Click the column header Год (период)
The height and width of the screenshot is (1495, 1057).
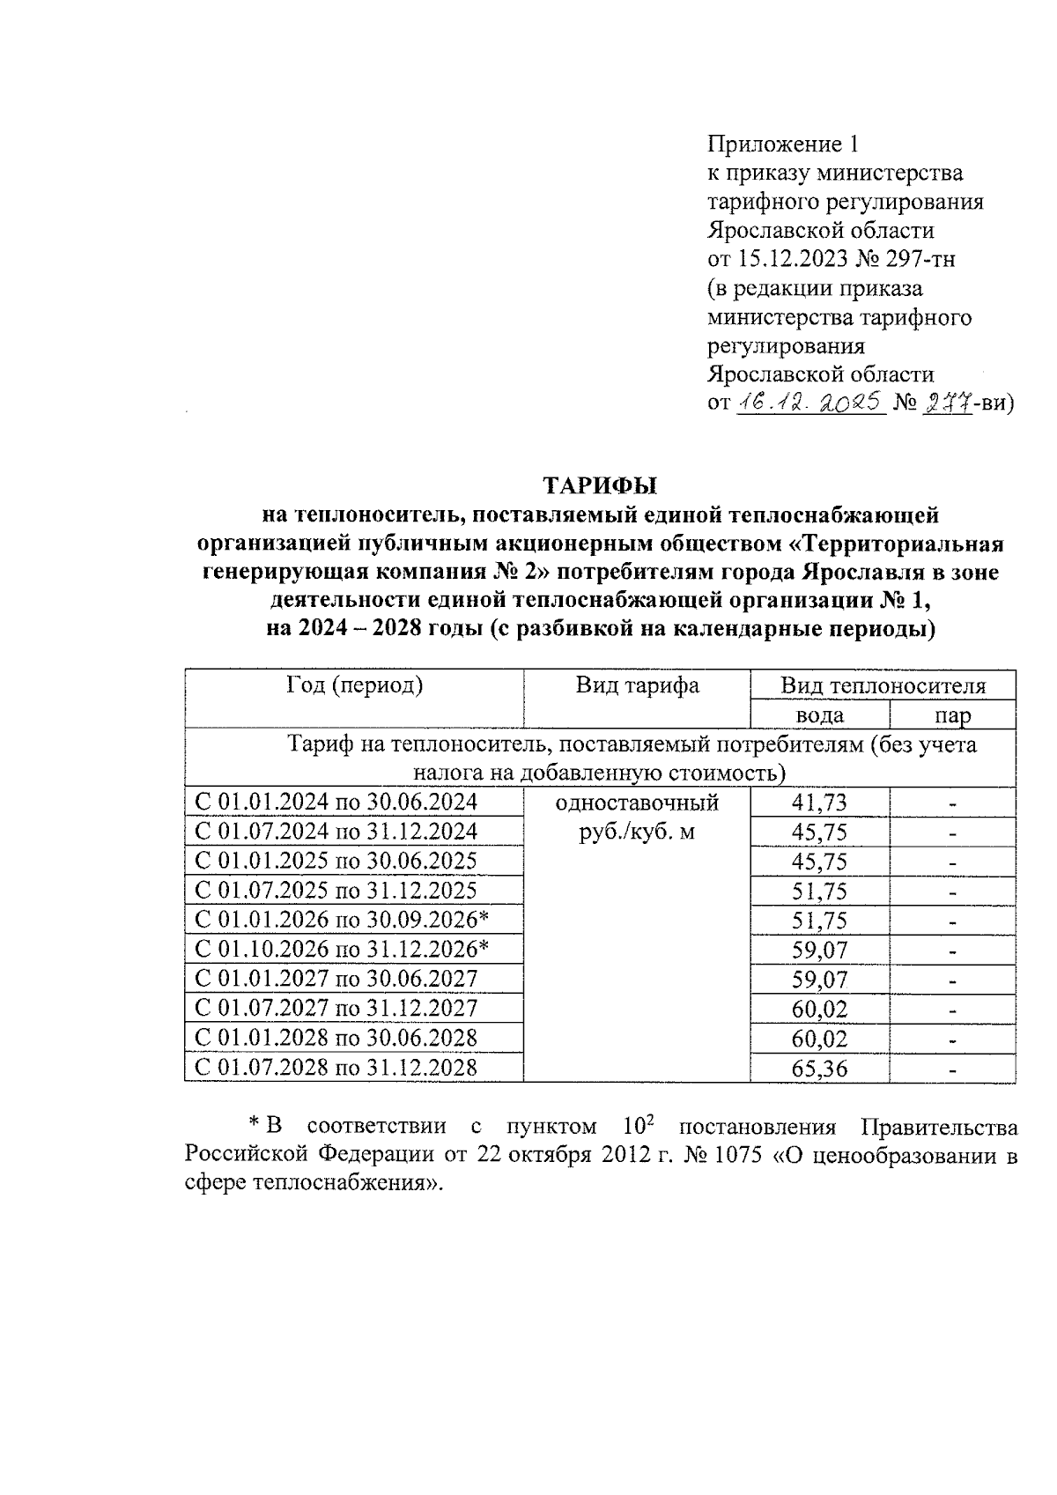point(354,685)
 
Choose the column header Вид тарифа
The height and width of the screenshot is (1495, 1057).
point(637,685)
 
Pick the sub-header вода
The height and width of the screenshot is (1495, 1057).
point(819,714)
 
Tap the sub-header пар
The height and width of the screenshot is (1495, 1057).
point(952,714)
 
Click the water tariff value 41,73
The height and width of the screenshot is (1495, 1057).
point(819,802)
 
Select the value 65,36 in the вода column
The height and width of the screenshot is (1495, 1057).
point(819,1069)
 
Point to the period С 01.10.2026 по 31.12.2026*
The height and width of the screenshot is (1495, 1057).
point(342,949)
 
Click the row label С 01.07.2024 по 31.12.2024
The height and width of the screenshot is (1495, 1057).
point(336,831)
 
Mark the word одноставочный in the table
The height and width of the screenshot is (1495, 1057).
point(637,803)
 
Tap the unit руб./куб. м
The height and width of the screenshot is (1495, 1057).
point(637,831)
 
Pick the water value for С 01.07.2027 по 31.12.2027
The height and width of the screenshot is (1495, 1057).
point(819,1009)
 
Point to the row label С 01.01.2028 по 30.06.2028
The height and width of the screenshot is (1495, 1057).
point(336,1038)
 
